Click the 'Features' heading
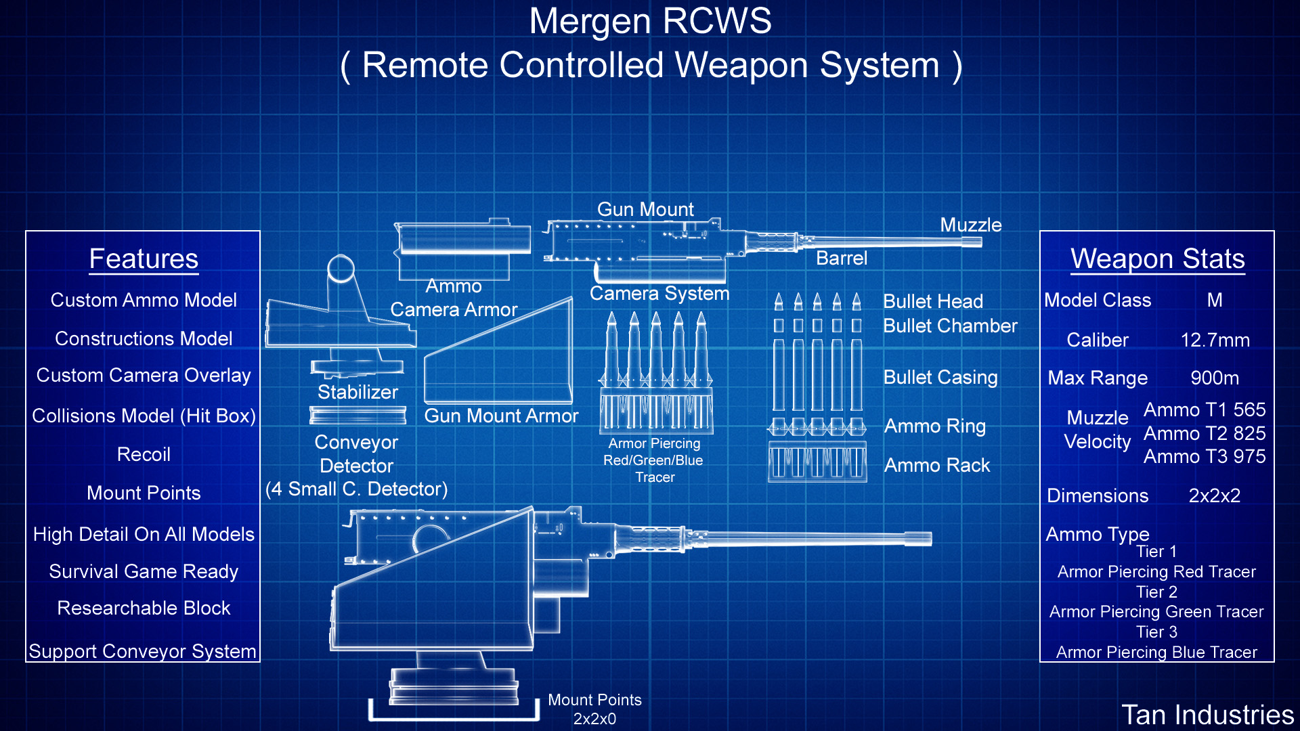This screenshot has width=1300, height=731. pos(144,259)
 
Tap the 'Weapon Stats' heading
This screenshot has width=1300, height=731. pos(1157,259)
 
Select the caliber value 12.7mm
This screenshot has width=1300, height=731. pos(1215,340)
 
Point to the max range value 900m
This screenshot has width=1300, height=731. pos(1215,378)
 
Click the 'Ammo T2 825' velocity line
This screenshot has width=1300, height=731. pos(1205,433)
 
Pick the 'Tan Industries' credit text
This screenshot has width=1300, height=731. pos(1207,715)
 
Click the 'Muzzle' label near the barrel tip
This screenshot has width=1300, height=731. pos(970,225)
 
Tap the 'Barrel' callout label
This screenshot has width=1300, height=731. pos(841,258)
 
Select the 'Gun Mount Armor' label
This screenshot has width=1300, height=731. pos(501,416)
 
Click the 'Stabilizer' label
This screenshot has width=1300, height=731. pos(357,392)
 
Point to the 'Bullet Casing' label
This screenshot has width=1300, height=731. pos(940,377)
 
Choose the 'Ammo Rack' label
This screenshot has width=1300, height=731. pos(936,465)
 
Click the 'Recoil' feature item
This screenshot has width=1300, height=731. pos(144,454)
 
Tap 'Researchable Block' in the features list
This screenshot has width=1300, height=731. pos(144,608)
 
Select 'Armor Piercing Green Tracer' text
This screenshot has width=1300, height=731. pos(1156,612)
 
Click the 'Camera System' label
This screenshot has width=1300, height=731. pos(659,293)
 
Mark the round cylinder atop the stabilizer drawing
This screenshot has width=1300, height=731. pos(341,269)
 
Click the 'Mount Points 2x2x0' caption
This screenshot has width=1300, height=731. pos(594,709)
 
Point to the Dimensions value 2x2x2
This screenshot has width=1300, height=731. pos(1214,495)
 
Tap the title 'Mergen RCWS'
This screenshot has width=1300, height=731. pos(650,21)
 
